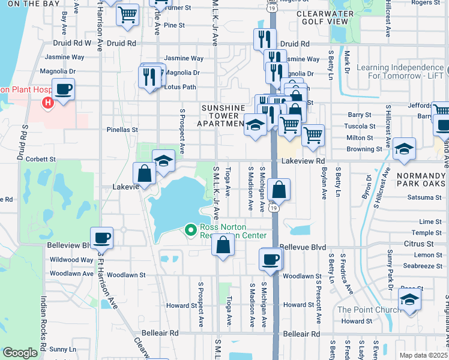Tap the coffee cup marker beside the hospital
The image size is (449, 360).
click(63, 90)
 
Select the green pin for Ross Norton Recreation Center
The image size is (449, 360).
click(191, 230)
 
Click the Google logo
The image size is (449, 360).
click(20, 353)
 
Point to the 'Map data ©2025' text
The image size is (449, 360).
click(423, 355)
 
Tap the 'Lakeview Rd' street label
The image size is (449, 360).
click(303, 161)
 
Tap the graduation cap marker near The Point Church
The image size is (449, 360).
click(409, 299)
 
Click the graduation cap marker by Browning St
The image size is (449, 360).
click(404, 149)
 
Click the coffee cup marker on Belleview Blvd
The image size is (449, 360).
click(102, 238)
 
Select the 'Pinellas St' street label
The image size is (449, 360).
click(122, 129)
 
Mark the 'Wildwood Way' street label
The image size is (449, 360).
click(71, 260)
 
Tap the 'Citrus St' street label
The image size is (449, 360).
click(418, 244)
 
